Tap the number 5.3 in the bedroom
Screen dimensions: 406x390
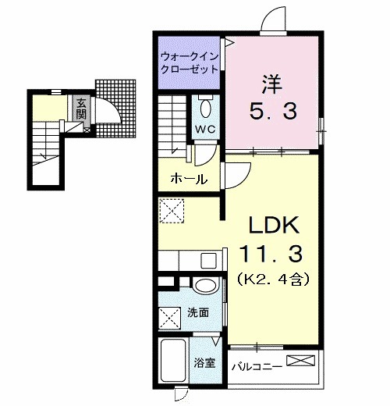pos(273,112)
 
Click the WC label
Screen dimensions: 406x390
pos(206,129)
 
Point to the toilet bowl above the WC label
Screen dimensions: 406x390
pos(206,107)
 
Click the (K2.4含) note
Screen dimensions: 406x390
pos(274,277)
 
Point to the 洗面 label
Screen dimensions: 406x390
pos(198,313)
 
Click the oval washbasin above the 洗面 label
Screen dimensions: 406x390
pos(205,286)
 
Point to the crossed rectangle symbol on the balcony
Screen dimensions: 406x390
pos(302,361)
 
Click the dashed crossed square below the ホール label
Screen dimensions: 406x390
pos(171,210)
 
